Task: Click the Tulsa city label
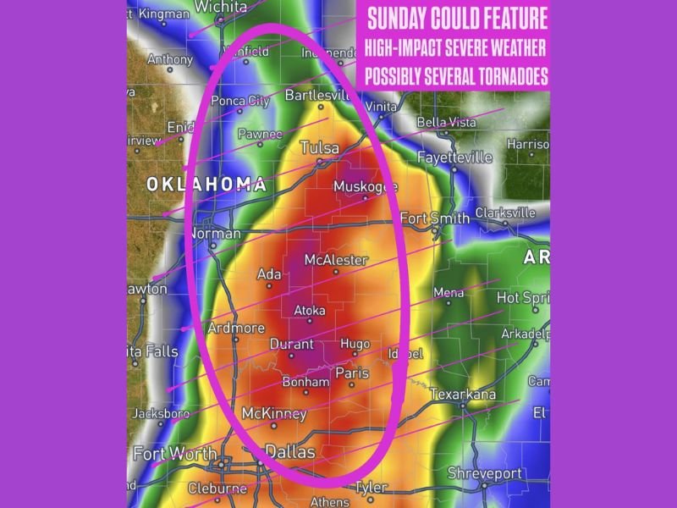(x=320, y=148)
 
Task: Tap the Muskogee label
(x=365, y=187)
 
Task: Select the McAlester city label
(x=336, y=260)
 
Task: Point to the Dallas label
(x=290, y=452)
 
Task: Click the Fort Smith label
(x=434, y=218)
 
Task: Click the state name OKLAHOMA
(x=206, y=184)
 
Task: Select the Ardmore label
(x=235, y=328)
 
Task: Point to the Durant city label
(x=291, y=344)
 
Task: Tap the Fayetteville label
(x=455, y=157)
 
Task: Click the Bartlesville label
(x=317, y=95)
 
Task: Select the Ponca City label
(x=239, y=101)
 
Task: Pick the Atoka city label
(x=309, y=311)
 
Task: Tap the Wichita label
(x=220, y=7)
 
